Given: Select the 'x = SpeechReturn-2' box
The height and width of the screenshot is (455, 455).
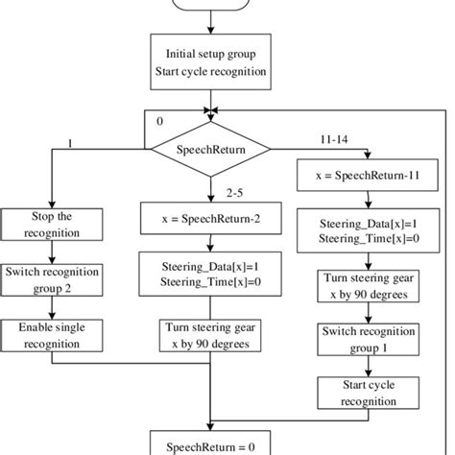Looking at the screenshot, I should click(208, 217).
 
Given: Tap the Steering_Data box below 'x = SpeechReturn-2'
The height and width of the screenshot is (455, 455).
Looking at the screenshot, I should click(208, 271).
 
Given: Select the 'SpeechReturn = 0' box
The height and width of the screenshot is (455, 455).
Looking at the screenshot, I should click(208, 443).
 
